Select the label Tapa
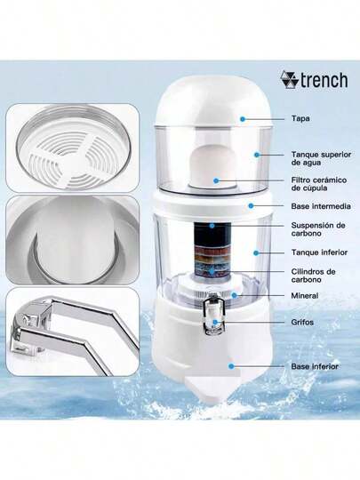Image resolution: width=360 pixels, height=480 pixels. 300,117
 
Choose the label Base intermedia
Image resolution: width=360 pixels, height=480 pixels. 320,206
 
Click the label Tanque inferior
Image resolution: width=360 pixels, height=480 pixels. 316,252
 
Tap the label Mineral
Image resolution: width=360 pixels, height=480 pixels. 305,295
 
